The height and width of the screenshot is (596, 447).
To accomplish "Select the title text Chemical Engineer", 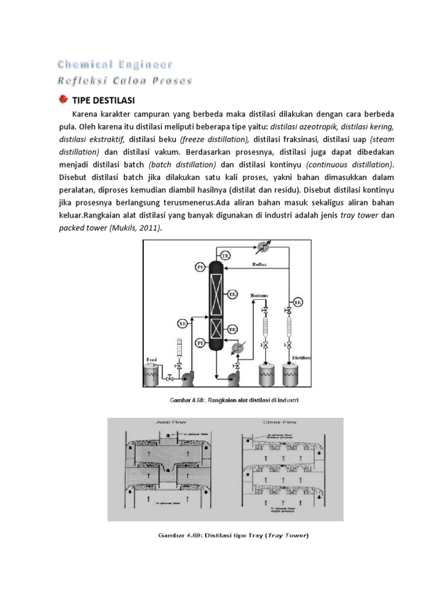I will pyautogui.click(x=115, y=64).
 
